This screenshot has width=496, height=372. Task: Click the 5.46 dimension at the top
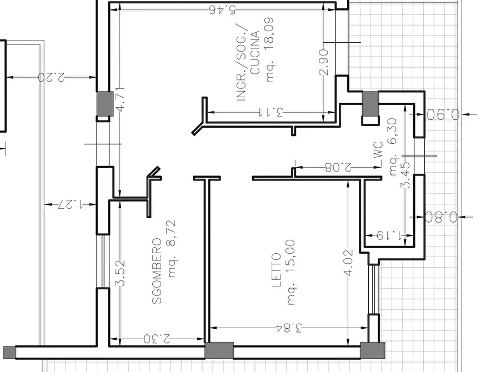[x=223, y=10]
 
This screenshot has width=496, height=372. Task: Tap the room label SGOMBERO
[x=157, y=271]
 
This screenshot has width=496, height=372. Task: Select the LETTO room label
[x=277, y=270]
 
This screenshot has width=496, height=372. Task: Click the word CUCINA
[x=254, y=53]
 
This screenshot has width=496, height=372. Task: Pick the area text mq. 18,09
[x=269, y=49]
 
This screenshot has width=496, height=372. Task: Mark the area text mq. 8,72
[x=172, y=249]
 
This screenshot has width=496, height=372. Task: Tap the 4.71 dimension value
[x=120, y=99]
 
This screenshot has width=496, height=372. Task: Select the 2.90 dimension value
[x=324, y=62]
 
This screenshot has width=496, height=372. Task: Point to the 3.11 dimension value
[x=271, y=112]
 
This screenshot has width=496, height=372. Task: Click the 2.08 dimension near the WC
[x=338, y=167]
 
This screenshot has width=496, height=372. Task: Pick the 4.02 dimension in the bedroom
[x=348, y=263]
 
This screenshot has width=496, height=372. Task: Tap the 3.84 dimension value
[x=289, y=328]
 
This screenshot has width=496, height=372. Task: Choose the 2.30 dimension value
[x=157, y=339]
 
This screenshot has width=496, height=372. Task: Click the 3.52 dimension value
[x=120, y=273]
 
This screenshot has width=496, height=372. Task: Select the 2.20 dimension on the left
[x=51, y=77]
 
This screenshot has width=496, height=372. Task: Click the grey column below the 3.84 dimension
[x=219, y=350]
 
